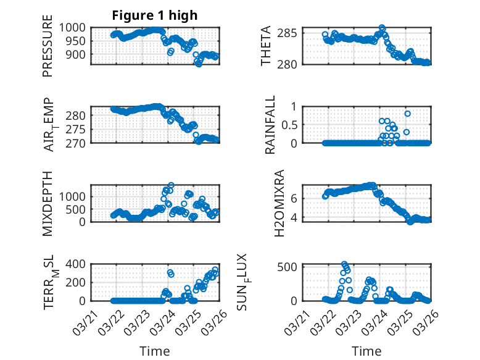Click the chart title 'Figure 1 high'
[x=155, y=15]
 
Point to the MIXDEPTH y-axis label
[x=48, y=203]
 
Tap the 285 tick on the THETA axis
[x=292, y=32]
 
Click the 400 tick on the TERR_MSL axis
[x=79, y=264]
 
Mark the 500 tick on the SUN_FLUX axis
[x=292, y=267]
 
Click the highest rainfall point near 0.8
[x=407, y=114]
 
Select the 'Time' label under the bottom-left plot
[x=155, y=351]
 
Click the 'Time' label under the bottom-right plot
[x=366, y=351]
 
